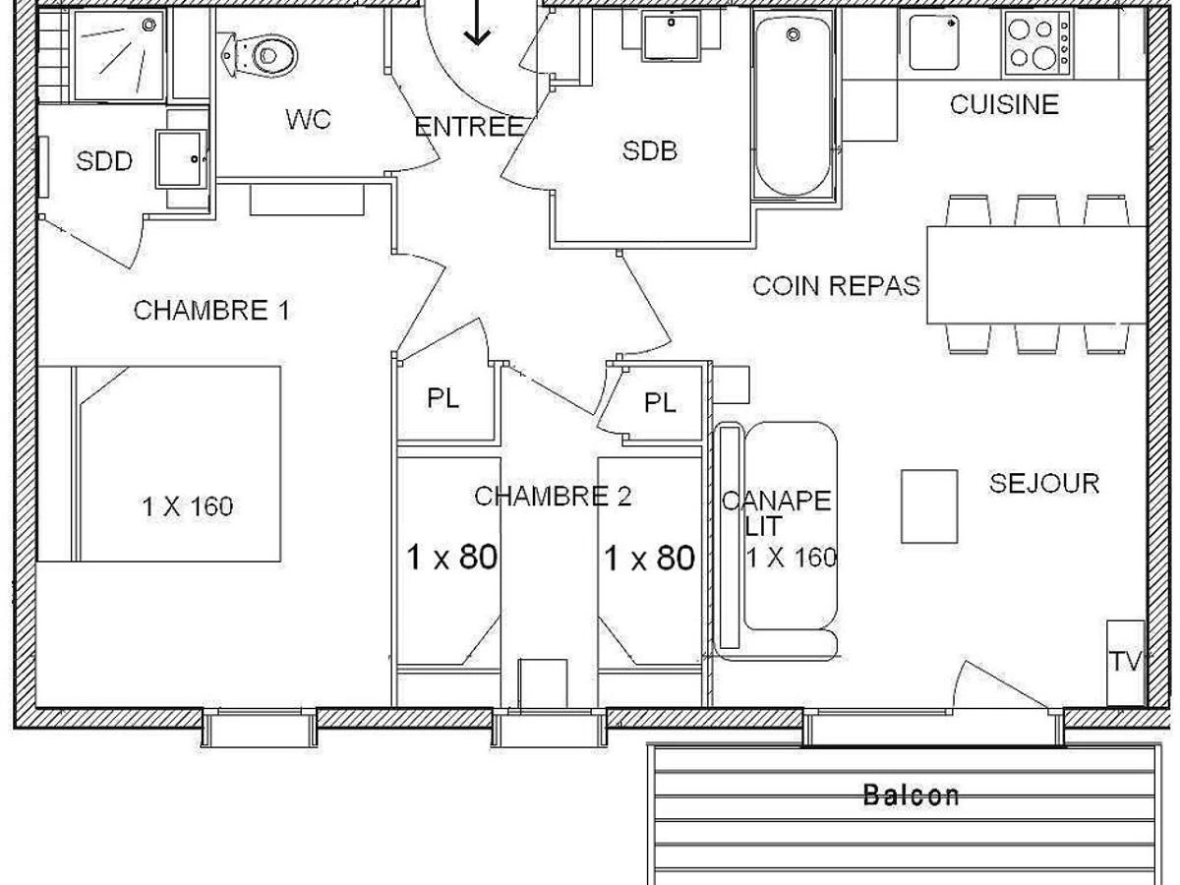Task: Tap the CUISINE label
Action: (1003, 104)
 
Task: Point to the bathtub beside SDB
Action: (793, 108)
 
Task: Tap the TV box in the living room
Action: (1126, 662)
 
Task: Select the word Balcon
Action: (911, 795)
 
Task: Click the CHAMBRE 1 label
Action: (211, 311)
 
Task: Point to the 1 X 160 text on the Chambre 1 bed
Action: (187, 507)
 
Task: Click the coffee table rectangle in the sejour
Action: (929, 505)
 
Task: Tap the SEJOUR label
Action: (1043, 483)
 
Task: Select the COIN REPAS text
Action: (836, 286)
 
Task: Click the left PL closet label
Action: (443, 398)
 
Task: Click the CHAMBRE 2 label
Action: (552, 497)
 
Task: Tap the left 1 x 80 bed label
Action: (451, 559)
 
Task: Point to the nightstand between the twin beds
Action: (542, 681)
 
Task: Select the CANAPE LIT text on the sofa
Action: (777, 512)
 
